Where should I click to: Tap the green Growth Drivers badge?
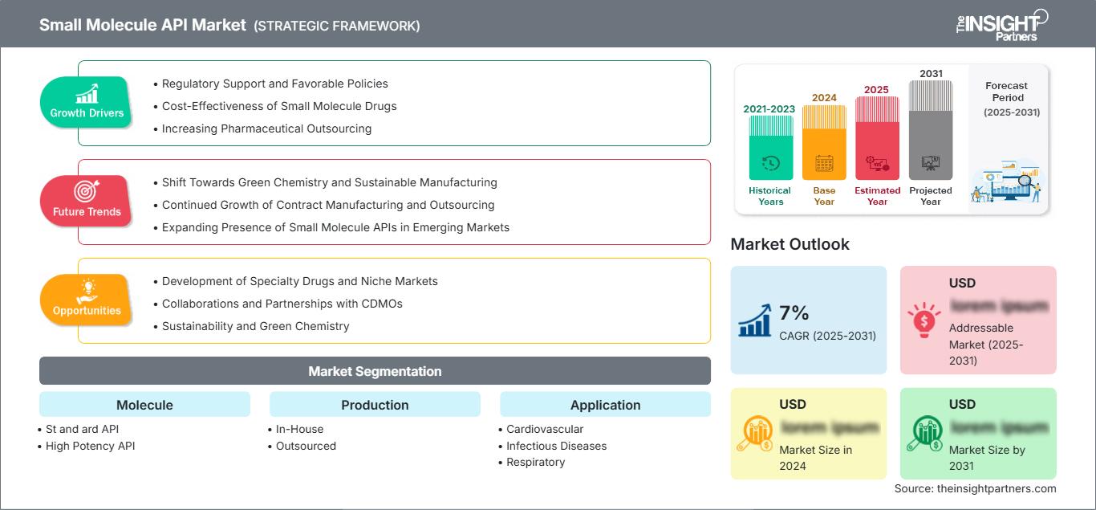[87, 102]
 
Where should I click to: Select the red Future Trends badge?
[87, 201]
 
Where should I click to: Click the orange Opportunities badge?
[87, 300]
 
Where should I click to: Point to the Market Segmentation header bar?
[375, 371]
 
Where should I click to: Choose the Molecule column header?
[144, 405]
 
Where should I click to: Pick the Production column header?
[375, 405]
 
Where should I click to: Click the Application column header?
[605, 405]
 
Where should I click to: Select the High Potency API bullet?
[90, 446]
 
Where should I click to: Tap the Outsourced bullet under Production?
[306, 446]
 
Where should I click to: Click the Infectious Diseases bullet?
[556, 446]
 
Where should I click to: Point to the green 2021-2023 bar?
[770, 148]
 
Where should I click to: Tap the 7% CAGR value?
[794, 313]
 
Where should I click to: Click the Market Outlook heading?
[790, 244]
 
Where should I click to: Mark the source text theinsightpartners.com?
[975, 488]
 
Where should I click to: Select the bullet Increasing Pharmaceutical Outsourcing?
[266, 129]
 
